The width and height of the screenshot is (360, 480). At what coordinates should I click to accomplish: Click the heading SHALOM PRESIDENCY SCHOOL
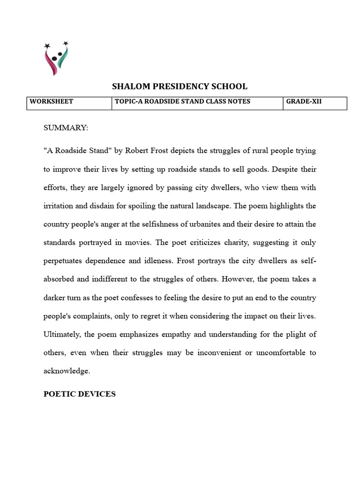(180, 86)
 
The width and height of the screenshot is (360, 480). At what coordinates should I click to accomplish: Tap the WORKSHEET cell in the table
(52, 101)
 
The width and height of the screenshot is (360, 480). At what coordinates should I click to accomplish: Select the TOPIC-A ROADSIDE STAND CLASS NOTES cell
(183, 101)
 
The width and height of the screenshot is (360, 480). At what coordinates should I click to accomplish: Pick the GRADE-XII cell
(304, 101)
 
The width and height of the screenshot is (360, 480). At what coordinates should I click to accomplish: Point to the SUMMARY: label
(66, 128)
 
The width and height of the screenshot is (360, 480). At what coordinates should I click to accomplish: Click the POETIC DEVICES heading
(80, 394)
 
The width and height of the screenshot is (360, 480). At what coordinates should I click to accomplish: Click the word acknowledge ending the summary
(66, 371)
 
